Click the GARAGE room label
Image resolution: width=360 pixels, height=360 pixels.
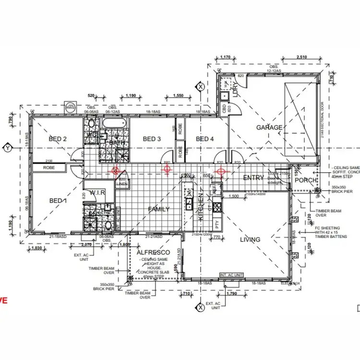(x=269, y=128)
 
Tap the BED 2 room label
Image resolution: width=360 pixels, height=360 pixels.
(x=59, y=139)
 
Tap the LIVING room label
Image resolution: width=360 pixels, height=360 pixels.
(x=250, y=240)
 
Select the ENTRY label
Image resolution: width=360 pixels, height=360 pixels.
(x=254, y=178)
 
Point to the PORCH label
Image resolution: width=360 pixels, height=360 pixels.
(x=305, y=180)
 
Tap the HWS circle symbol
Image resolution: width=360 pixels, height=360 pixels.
(x=71, y=107)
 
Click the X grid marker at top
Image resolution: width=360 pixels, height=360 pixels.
(x=200, y=86)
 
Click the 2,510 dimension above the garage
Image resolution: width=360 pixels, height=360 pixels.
(x=301, y=57)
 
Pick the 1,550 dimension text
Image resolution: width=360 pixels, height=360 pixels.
(x=178, y=96)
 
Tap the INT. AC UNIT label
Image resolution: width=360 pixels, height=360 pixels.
(x=232, y=275)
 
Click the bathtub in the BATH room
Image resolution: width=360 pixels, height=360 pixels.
(x=114, y=124)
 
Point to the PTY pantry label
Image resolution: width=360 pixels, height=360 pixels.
(x=217, y=224)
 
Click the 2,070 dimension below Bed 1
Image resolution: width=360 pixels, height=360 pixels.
(x=93, y=244)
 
